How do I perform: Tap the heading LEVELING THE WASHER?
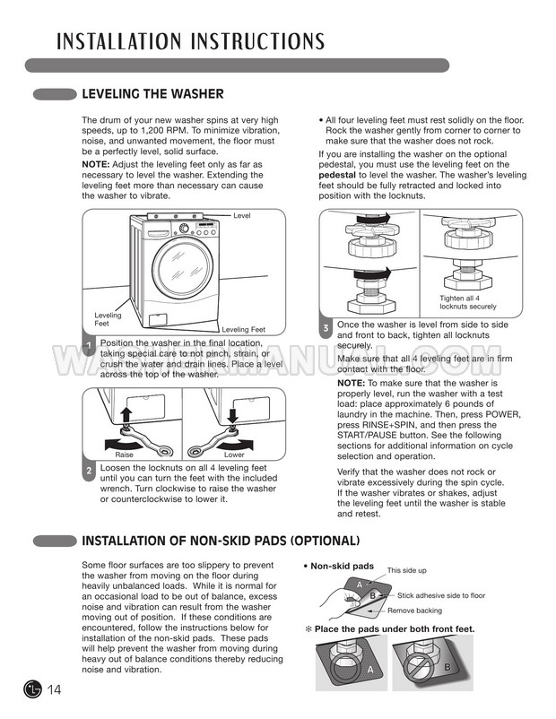152,93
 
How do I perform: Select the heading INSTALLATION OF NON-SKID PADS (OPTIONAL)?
221,541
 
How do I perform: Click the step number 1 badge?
89,347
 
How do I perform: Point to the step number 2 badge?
89,471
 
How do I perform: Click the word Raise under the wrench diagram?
125,455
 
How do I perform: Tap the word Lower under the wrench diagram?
234,455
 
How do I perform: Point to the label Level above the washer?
242,216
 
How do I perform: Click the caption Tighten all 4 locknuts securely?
466,302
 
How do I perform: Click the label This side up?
407,570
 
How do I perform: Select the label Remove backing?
414,610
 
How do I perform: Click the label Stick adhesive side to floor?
441,594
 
